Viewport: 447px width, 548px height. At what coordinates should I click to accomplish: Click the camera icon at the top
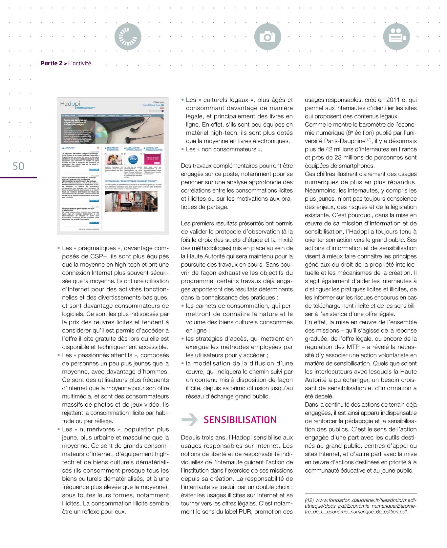coord(267,37)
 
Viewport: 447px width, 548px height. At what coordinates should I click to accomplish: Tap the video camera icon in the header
coord(397,37)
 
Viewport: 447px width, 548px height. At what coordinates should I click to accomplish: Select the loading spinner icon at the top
coord(128,37)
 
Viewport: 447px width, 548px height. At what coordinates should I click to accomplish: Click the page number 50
coord(19,166)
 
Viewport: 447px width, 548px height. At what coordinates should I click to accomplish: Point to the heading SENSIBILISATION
coord(240,420)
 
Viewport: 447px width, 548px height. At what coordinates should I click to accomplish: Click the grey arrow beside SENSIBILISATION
coord(189,420)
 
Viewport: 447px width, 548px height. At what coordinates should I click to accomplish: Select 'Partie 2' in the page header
coord(52,63)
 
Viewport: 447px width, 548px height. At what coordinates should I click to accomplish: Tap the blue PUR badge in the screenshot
coord(133,160)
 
